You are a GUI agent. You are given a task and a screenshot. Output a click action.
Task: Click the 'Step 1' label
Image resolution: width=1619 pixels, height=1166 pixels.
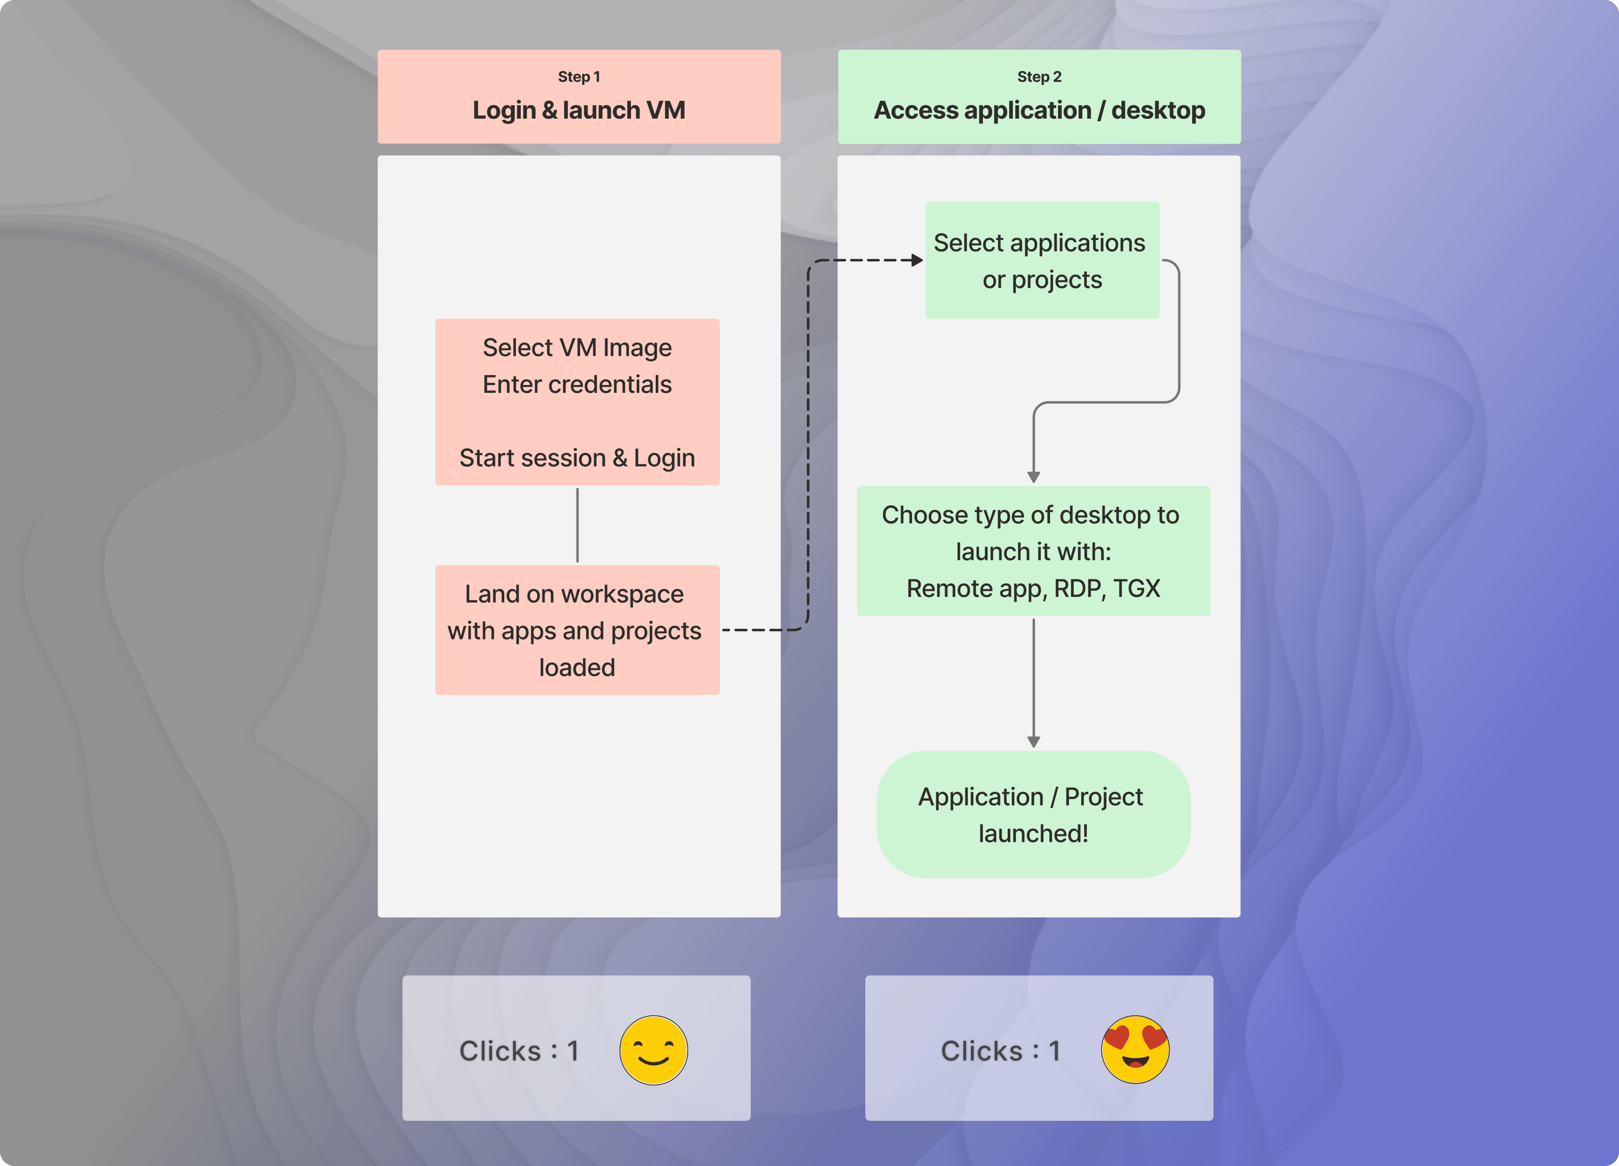pyautogui.click(x=579, y=76)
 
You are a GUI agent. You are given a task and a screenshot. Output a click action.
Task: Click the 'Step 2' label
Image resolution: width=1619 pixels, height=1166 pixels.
pyautogui.click(x=1039, y=76)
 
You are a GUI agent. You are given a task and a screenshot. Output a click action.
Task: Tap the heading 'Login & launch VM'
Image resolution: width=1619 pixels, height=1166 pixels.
pyautogui.click(x=579, y=110)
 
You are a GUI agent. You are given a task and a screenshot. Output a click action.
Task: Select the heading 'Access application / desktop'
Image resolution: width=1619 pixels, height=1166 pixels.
pyautogui.click(x=1039, y=110)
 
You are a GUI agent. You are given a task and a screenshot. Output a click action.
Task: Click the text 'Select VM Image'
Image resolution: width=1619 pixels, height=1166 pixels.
pyautogui.click(x=577, y=348)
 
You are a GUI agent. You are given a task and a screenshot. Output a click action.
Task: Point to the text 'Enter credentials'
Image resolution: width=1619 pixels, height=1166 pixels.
pyautogui.click(x=577, y=384)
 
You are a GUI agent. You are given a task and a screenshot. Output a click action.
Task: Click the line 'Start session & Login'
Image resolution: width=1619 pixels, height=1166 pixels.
pyautogui.click(x=577, y=458)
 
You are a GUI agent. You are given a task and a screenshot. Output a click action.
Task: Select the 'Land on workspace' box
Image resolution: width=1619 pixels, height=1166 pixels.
pyautogui.click(x=577, y=629)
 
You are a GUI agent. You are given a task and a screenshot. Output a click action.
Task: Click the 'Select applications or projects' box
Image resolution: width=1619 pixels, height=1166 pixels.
pyautogui.click(x=1042, y=260)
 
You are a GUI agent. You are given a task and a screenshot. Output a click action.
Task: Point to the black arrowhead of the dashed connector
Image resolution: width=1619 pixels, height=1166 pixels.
pyautogui.click(x=917, y=261)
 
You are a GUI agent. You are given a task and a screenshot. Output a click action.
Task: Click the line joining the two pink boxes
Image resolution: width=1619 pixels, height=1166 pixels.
pyautogui.click(x=577, y=525)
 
